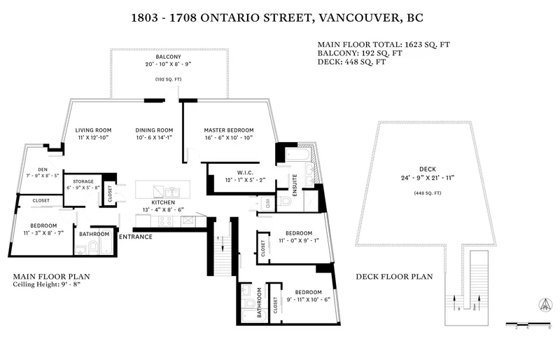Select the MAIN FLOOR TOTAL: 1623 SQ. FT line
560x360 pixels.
coord(384,43)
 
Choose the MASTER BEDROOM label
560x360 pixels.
coord(228,130)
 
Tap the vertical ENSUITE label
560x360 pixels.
coord(295,184)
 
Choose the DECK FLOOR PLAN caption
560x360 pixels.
coord(394,277)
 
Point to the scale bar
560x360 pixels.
coord(529,323)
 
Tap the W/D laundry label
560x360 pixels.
coord(267,204)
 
